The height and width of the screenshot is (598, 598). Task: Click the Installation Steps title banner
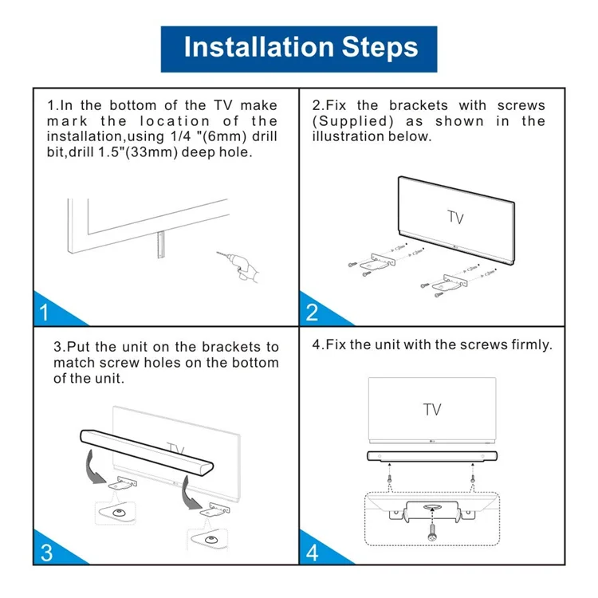click(299, 47)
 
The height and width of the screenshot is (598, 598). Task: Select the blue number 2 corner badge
click(313, 311)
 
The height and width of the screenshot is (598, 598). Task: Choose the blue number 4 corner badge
click(313, 551)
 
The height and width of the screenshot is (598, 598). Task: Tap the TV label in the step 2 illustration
click(455, 218)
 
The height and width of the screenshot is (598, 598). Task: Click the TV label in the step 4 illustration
click(431, 410)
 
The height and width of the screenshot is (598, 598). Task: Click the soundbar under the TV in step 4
click(431, 457)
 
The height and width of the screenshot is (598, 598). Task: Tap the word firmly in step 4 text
click(531, 344)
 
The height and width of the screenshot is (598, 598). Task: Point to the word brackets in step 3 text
click(227, 347)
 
